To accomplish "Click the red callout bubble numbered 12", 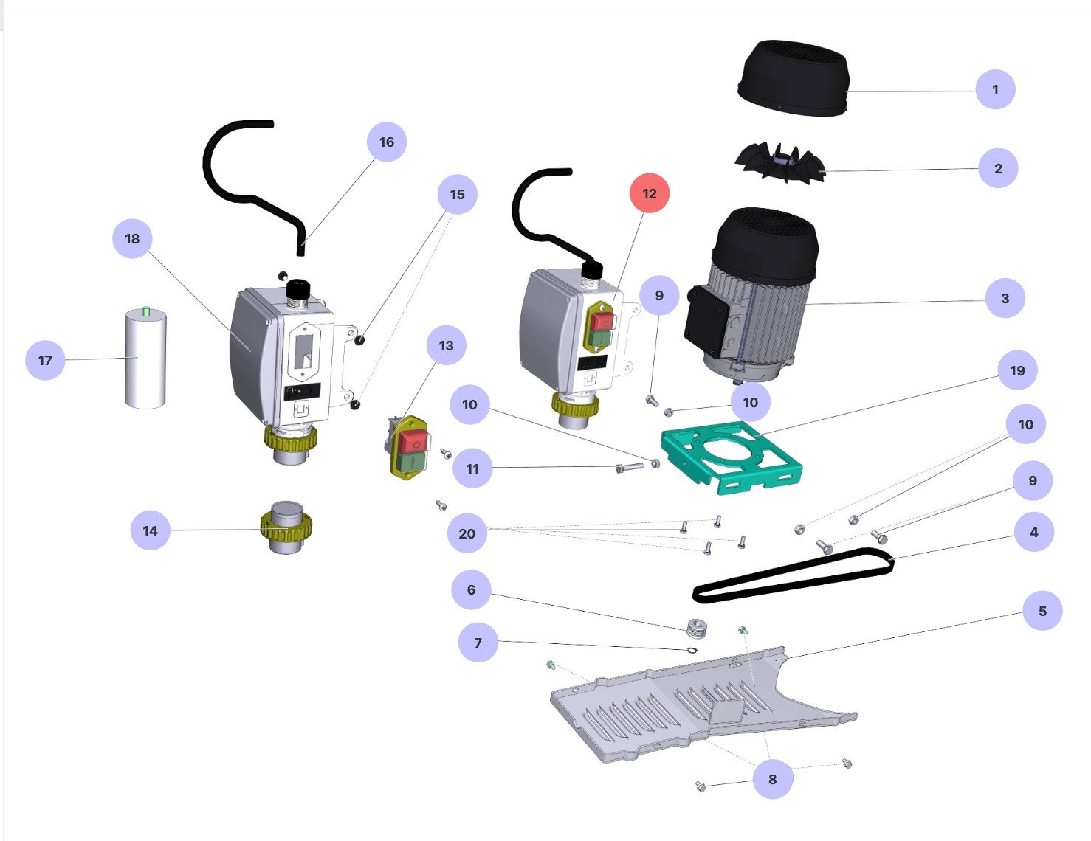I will point(650,193).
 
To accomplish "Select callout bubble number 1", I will point(995,90).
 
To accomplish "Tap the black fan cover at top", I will point(794,77).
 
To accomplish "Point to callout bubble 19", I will point(1017,370).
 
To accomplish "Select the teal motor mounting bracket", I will point(731,457).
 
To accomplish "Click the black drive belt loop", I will point(794,575).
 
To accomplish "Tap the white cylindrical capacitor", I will point(145,359).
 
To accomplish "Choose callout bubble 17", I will point(45,361).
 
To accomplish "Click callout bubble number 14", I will point(150,530).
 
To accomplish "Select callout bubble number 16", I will point(387,142).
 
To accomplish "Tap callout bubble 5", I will point(1042,611).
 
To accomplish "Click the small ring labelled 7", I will point(692,650).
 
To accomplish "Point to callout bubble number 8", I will point(772,779).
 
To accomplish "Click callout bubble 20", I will point(467,533).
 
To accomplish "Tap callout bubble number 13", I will point(446,346).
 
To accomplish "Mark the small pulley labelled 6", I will point(698,628).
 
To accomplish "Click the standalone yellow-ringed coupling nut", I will point(286,527).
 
